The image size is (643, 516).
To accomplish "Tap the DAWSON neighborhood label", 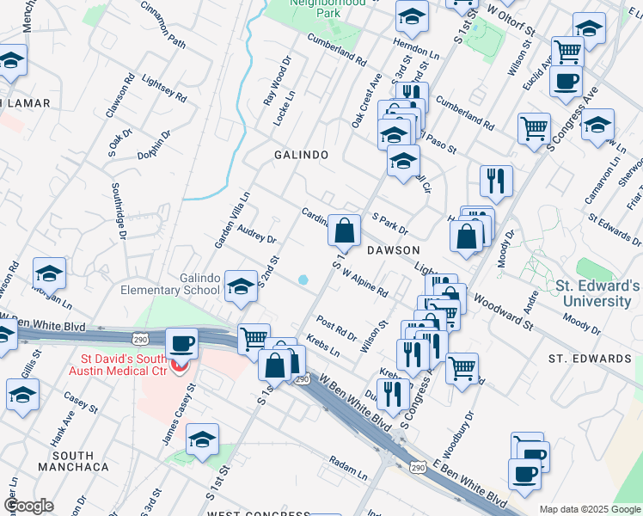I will point(392,249).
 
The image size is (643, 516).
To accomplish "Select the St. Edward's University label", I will point(597,293).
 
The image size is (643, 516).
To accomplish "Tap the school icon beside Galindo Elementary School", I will point(241,287).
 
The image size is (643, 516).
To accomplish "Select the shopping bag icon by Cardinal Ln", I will point(344,231).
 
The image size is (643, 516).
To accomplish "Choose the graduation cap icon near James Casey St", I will point(203,439).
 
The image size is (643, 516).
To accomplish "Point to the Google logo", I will point(29,506).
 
